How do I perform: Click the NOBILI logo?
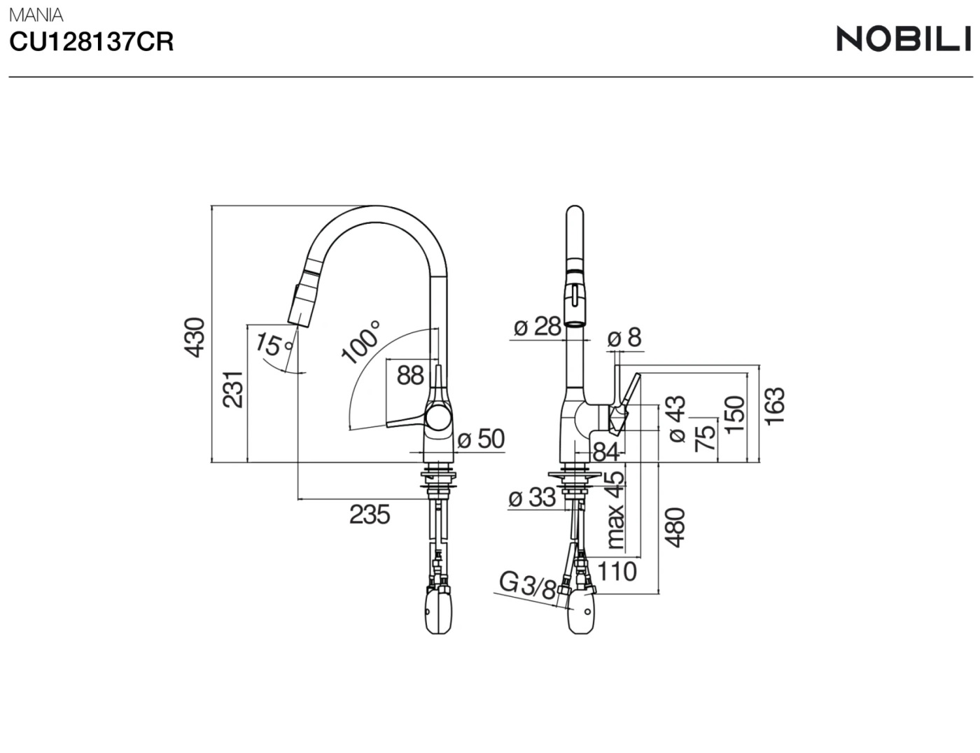point(904,38)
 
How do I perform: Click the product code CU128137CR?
point(91,43)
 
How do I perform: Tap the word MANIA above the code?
point(36,14)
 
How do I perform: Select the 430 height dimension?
point(195,337)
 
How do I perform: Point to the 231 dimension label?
point(233,389)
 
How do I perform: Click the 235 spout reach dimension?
point(369,515)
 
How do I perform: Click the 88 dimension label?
point(410,375)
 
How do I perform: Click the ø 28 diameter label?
point(537,326)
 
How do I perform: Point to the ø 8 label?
point(624,338)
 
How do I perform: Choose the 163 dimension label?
point(775,405)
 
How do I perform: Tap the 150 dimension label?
point(734,414)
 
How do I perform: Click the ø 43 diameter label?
point(676,418)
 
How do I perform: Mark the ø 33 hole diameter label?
point(532,498)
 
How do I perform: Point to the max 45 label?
point(615,509)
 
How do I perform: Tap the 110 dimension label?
point(617,571)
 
